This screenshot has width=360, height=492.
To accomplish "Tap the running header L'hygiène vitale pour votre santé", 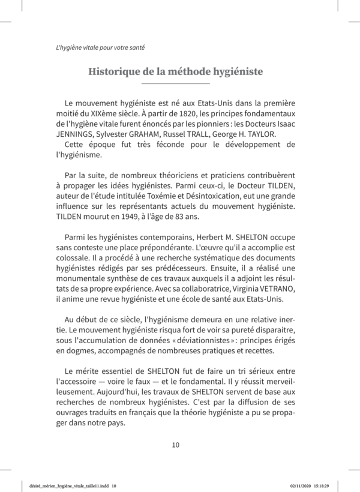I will point(96,46).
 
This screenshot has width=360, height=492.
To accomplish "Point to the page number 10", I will point(176,445).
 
